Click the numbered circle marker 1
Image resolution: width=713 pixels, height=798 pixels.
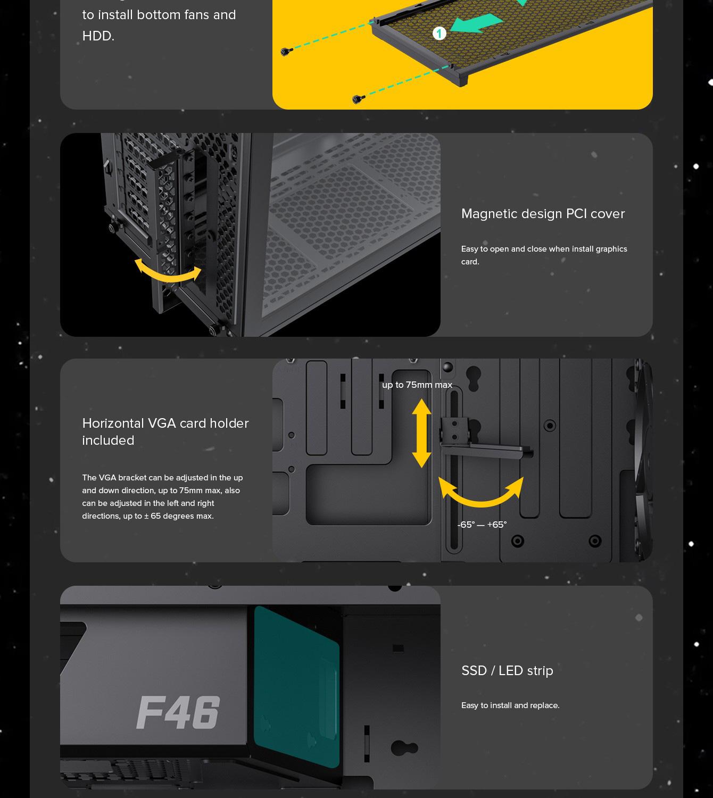point(439,34)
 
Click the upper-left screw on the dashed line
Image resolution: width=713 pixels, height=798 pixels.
point(286,52)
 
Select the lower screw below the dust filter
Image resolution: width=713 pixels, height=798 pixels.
point(356,99)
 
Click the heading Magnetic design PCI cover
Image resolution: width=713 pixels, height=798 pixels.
point(543,214)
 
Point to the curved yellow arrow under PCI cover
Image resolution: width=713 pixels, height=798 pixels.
point(168,271)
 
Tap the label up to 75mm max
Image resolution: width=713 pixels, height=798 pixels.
point(417,385)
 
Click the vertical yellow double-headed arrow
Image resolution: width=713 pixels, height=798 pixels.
point(421,433)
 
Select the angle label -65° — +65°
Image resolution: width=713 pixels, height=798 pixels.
point(482,525)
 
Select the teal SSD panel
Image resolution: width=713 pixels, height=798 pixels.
point(297,686)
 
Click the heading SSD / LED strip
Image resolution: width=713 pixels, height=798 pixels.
point(507,671)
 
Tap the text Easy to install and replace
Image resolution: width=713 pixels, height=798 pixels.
point(510,705)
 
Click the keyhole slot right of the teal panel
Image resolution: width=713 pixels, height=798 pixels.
point(404,748)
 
